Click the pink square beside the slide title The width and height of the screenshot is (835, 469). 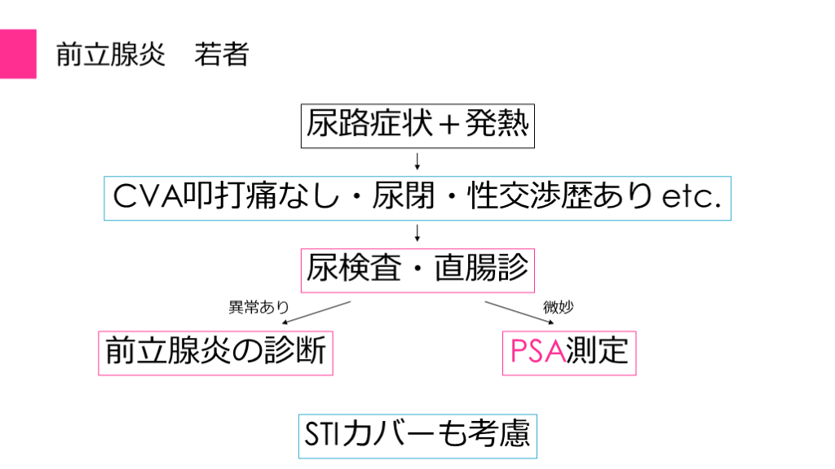tap(18, 54)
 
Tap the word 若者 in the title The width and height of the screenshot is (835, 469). tap(221, 55)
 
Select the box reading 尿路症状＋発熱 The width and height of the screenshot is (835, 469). tap(417, 125)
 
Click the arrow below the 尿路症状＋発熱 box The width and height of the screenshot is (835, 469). tap(417, 159)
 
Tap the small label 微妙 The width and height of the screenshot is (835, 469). tap(554, 308)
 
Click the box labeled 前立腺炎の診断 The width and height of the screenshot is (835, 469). tap(215, 352)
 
